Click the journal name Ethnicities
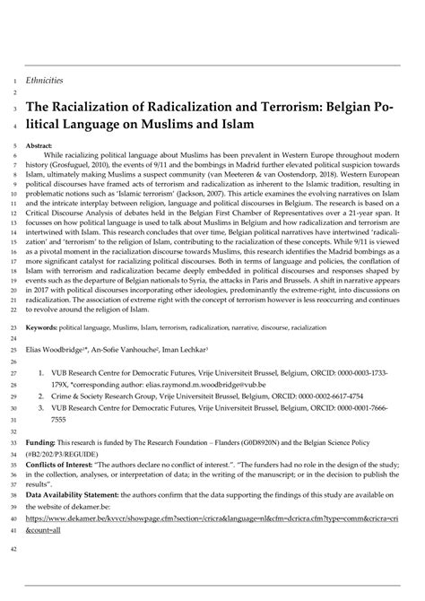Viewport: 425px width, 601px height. tap(44, 80)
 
